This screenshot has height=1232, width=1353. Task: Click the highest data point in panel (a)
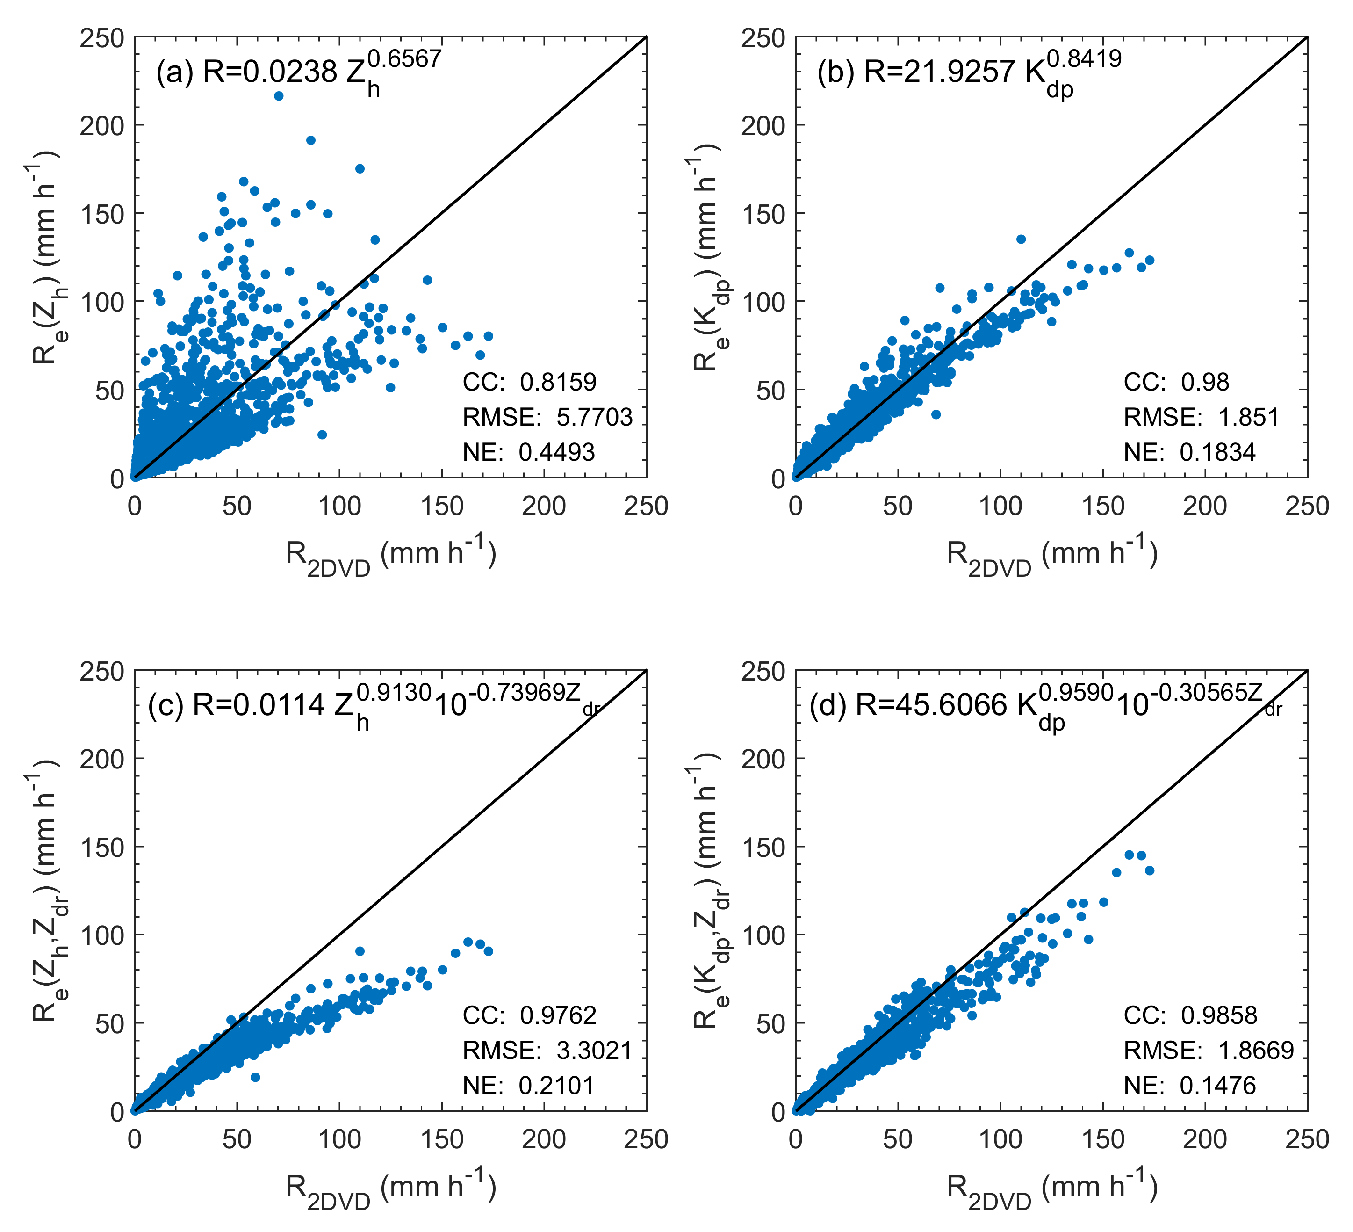279,96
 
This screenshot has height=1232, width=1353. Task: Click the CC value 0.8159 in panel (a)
558,382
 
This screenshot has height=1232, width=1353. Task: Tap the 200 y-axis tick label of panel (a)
102,125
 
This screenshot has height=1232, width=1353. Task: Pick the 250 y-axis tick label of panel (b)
763,38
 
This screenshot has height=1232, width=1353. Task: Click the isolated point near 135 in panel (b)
1021,239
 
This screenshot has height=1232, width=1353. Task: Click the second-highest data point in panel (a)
311,140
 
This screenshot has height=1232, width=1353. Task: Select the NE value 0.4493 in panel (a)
556,452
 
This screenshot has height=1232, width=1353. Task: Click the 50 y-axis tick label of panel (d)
770,1024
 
